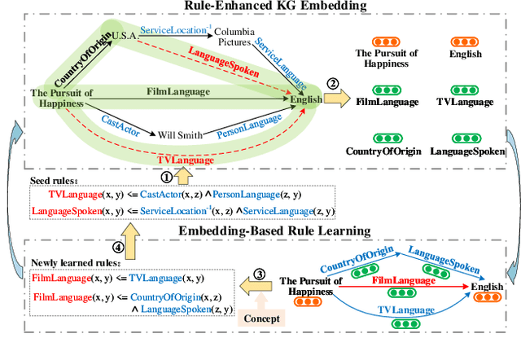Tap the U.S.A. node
pos(124,33)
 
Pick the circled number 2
pos(332,83)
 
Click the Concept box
pos(260,318)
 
